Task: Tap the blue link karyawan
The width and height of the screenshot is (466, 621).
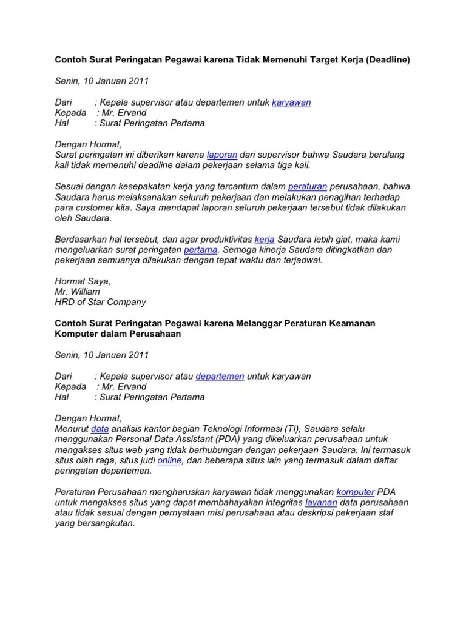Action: tap(291, 102)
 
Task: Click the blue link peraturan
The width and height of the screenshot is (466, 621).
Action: tap(308, 186)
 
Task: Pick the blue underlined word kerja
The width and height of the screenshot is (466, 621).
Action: tap(265, 239)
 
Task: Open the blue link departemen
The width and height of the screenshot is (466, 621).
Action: tap(220, 376)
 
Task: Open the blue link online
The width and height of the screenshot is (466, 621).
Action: tap(170, 460)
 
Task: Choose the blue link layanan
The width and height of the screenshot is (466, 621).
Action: tap(321, 502)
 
